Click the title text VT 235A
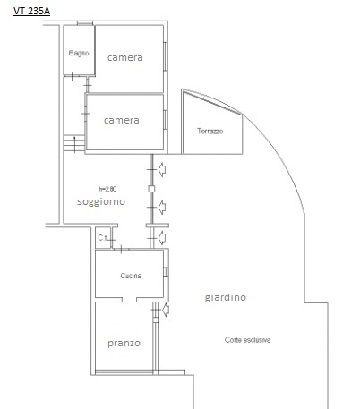pyautogui.click(x=31, y=11)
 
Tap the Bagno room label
pyautogui.click(x=78, y=55)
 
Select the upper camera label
pyautogui.click(x=124, y=58)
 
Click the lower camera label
pyautogui.click(x=121, y=119)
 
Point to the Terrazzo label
pyautogui.click(x=210, y=132)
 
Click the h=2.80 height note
pyautogui.click(x=107, y=189)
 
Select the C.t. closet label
pyautogui.click(x=103, y=238)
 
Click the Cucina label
pyautogui.click(x=131, y=276)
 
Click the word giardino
pyautogui.click(x=226, y=298)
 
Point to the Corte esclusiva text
pyautogui.click(x=248, y=340)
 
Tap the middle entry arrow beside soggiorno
pyautogui.click(x=162, y=208)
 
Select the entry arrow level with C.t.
pyautogui.click(x=162, y=237)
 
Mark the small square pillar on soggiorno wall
pyautogui.click(x=151, y=189)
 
